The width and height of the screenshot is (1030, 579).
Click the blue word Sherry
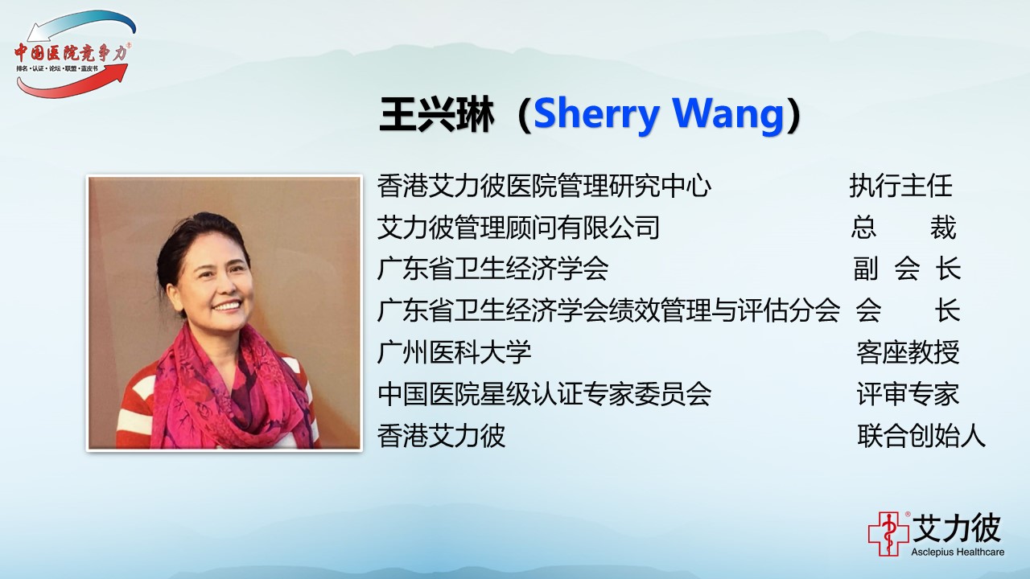596,115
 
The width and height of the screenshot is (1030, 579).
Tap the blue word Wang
728,115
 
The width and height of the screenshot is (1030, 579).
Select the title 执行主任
900,186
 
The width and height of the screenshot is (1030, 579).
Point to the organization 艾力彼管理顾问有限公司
518,228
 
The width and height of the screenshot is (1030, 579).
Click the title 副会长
907,269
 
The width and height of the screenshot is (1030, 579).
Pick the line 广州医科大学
455,352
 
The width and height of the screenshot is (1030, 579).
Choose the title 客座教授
908,352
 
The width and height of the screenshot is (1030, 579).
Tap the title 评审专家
908,394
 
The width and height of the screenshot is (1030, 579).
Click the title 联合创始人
921,436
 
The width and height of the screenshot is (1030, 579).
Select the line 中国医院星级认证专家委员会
545,394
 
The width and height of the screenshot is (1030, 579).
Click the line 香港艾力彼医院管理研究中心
545,186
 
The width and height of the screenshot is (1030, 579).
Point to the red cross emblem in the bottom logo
888,534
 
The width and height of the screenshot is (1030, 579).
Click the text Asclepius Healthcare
958,552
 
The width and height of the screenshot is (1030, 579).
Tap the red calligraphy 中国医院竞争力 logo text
72,53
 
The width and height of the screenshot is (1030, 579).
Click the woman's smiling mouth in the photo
228,305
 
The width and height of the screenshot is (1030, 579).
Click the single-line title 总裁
904,228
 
